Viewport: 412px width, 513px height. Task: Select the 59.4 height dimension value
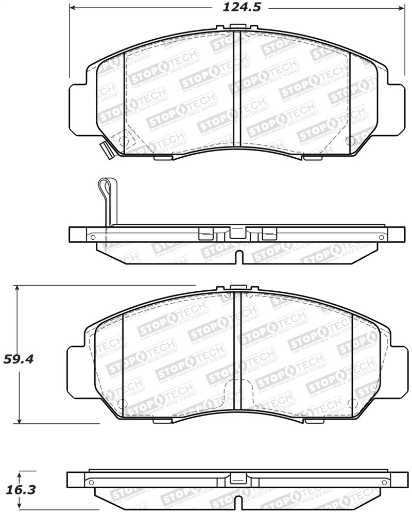click(x=19, y=359)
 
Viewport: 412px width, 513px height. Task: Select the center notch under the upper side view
click(x=237, y=256)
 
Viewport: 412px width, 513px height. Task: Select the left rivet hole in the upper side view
click(x=93, y=237)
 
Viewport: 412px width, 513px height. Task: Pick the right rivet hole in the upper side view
click(x=381, y=237)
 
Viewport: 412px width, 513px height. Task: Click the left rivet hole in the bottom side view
click(x=91, y=483)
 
